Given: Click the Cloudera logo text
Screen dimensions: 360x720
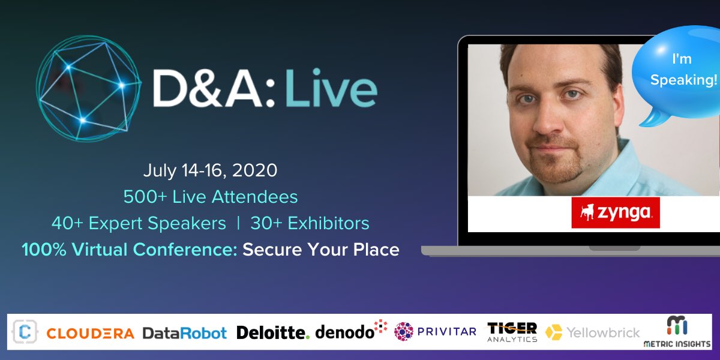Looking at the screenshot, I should (90, 333).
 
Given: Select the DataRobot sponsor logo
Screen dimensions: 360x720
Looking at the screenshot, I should (184, 333).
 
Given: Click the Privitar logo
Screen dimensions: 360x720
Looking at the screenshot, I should (435, 331).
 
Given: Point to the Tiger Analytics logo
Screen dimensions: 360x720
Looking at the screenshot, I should (512, 331).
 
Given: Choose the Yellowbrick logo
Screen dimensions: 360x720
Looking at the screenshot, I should (593, 332).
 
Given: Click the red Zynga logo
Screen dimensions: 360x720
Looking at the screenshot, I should (615, 212).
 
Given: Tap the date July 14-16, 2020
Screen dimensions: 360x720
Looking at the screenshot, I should (210, 170).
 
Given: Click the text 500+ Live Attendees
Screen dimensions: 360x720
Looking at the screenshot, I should (210, 197).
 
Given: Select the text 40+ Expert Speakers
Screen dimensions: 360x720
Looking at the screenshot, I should (139, 223).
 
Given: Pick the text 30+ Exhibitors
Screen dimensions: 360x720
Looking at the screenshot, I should (310, 223).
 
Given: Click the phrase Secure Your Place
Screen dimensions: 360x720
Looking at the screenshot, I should (321, 250).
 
